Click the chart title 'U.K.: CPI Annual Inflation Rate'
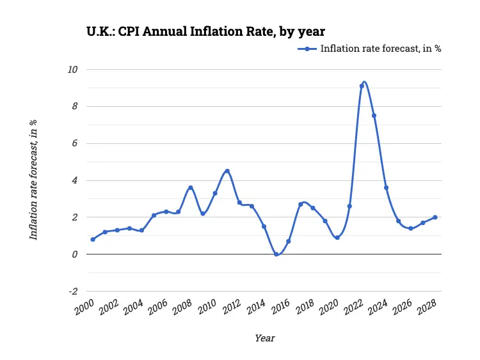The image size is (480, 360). tap(205, 30)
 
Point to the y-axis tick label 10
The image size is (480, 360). tap(74, 69)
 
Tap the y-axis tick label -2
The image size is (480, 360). tap(73, 292)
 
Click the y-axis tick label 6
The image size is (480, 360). tap(75, 143)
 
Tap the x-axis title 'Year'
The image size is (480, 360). tap(264, 338)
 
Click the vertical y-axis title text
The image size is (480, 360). tap(33, 180)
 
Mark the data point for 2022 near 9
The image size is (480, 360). tap(362, 86)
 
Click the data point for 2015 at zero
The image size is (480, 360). tap(276, 254)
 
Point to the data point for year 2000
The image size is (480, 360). tap(93, 239)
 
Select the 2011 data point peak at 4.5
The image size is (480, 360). tap(227, 171)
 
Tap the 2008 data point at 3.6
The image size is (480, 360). tap(191, 187)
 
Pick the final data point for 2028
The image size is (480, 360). tap(435, 217)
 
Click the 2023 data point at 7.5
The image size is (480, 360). tap(374, 116)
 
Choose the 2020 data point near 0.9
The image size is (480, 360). tap(337, 237)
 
